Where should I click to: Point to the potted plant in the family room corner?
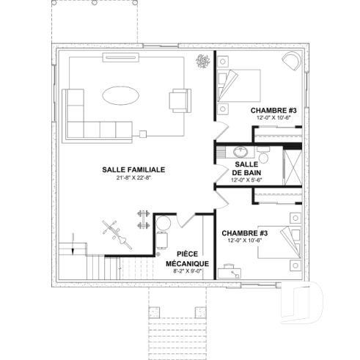pyautogui.click(x=200, y=62)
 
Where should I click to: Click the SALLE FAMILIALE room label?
pyautogui.click(x=133, y=169)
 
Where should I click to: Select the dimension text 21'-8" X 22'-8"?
pyautogui.click(x=133, y=178)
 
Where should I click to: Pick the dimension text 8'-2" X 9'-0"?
pyautogui.click(x=188, y=271)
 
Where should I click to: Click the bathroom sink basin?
pyautogui.click(x=238, y=152)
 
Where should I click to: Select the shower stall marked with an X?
pyautogui.click(x=292, y=165)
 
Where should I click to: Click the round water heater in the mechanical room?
pyautogui.click(x=164, y=222)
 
